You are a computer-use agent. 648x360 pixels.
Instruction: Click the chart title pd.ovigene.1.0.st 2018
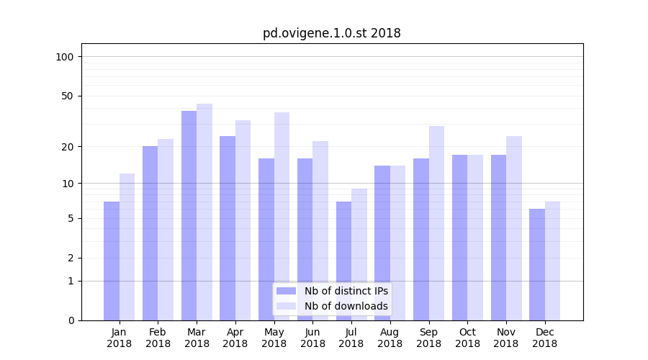point(331,33)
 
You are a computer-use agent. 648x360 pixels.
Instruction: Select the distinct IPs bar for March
point(189,216)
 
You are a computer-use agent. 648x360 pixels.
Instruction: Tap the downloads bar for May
point(282,216)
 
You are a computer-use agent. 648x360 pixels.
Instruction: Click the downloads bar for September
point(436,223)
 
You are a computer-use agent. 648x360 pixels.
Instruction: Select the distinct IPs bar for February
point(150,233)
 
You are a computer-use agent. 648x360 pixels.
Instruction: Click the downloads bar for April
point(243,220)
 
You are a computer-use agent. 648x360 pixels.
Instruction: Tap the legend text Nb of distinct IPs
point(346,291)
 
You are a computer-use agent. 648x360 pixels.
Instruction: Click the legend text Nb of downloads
point(346,306)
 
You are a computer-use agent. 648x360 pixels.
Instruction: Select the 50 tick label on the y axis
point(68,96)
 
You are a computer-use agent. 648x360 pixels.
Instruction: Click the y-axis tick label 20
point(68,147)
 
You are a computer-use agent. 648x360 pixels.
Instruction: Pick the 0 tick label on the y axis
point(71,320)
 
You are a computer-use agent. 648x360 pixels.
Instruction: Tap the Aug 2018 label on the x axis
point(390,338)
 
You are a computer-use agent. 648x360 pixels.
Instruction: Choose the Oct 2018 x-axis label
point(467,338)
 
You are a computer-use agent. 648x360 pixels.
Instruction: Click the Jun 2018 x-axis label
point(312,338)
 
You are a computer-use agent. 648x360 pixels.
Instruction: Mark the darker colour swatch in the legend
point(286,291)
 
